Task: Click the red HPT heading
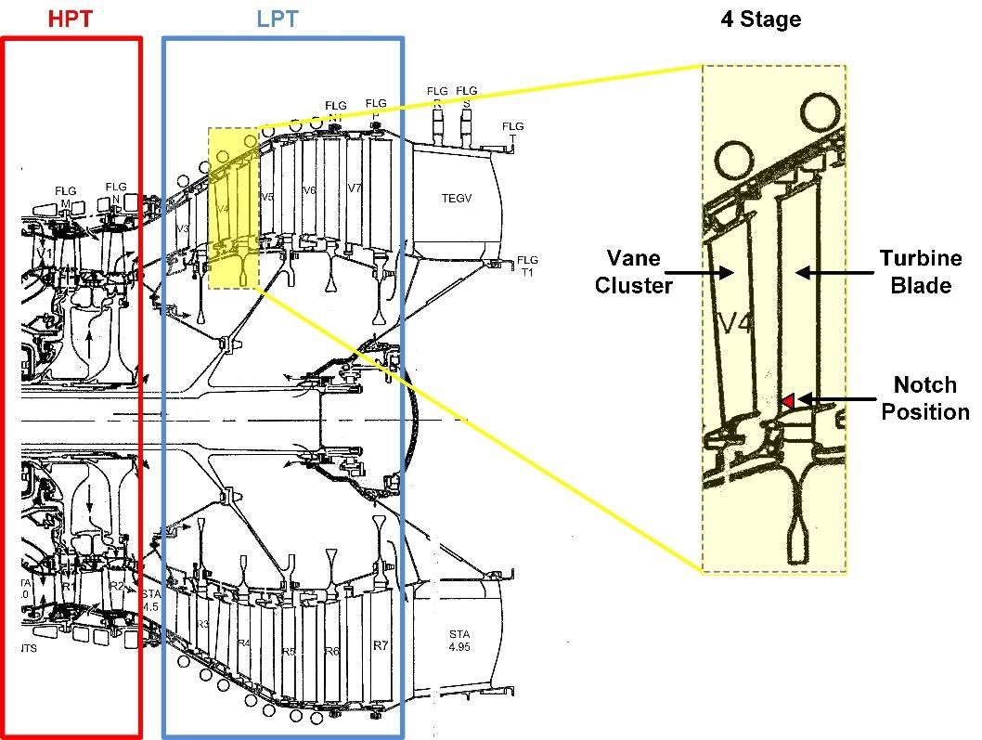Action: click(71, 18)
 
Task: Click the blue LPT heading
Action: click(277, 18)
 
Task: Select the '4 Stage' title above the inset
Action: click(760, 19)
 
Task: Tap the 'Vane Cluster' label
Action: click(633, 271)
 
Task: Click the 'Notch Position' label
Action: click(924, 398)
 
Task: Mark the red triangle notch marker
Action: click(786, 400)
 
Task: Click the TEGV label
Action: click(458, 198)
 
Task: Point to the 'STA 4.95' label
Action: click(459, 640)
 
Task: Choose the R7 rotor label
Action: click(380, 645)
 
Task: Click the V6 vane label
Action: click(310, 190)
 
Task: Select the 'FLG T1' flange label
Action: click(527, 266)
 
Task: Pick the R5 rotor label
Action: click(288, 652)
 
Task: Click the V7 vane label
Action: click(354, 188)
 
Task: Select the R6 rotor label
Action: click(331, 652)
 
